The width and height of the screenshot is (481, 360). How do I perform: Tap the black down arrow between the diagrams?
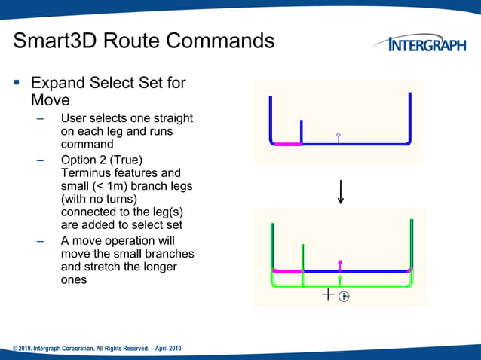[342, 191]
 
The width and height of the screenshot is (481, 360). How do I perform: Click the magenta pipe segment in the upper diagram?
[286, 143]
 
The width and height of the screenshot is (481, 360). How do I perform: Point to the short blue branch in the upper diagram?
[302, 130]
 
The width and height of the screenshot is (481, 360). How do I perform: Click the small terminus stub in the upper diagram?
[339, 137]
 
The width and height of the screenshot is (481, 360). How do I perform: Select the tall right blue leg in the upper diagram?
[409, 117]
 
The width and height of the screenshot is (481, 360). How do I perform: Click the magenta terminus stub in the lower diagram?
[340, 265]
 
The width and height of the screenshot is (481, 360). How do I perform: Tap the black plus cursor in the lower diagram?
[328, 295]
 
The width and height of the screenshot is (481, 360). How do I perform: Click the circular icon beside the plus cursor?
[344, 297]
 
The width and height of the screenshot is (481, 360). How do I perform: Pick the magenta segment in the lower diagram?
[287, 270]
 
